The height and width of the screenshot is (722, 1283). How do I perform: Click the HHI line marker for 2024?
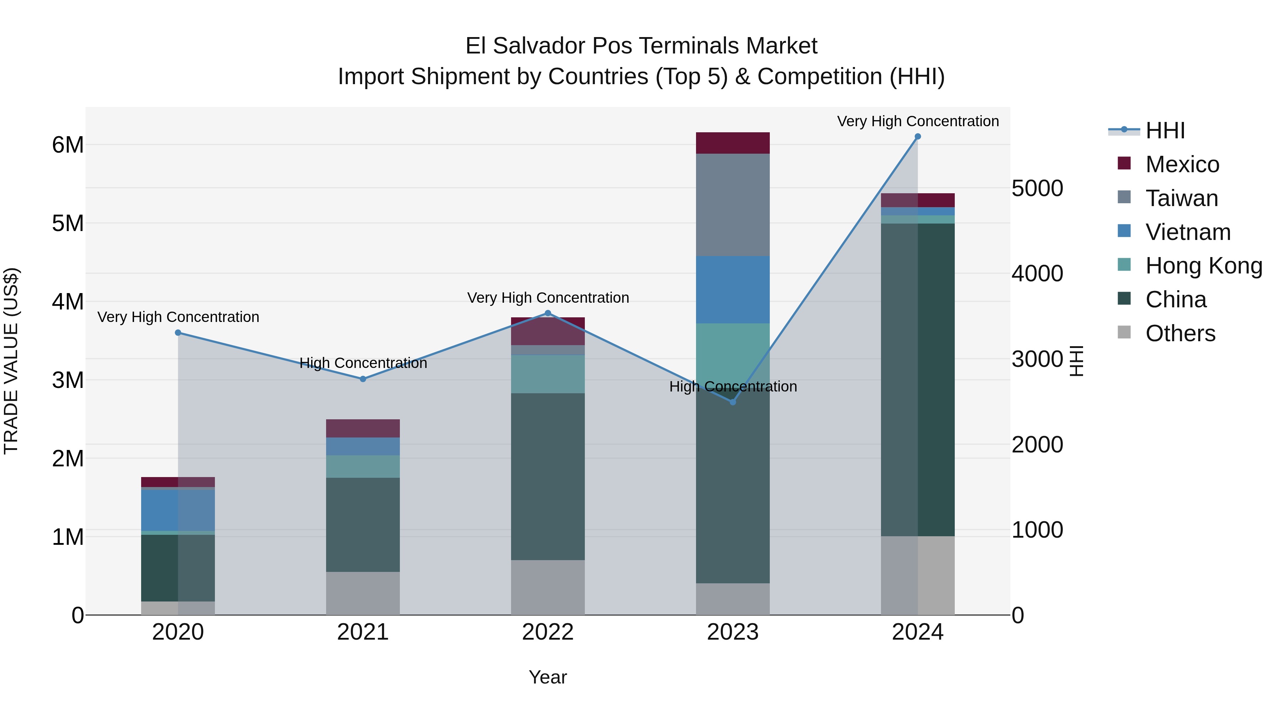(917, 137)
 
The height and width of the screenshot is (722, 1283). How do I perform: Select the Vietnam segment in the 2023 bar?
(733, 290)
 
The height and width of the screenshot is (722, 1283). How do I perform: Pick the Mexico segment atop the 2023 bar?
(733, 143)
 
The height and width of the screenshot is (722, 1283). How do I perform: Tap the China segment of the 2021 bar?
(362, 525)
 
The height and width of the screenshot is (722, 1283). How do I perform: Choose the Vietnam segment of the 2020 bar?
(178, 510)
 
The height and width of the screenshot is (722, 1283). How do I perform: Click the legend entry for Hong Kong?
(1204, 266)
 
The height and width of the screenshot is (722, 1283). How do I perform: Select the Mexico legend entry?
(1182, 164)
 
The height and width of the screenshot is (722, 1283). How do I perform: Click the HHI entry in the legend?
(1165, 130)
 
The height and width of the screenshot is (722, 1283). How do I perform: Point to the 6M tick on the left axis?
(68, 145)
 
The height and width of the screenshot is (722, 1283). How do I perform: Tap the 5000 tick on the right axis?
(1037, 188)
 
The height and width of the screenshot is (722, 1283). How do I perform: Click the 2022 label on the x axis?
(547, 632)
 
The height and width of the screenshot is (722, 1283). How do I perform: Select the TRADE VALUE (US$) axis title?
(11, 361)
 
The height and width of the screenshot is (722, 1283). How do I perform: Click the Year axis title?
(547, 677)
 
